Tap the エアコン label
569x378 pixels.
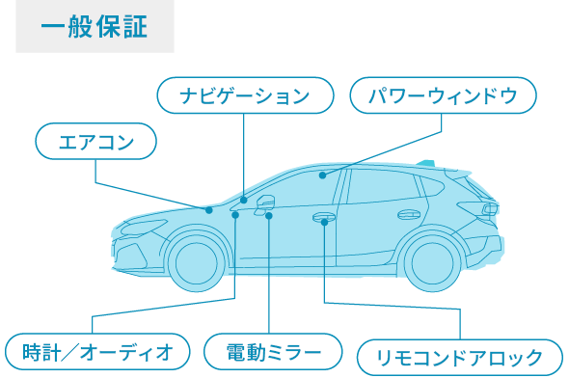[x=95, y=144]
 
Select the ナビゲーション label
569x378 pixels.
[x=245, y=95]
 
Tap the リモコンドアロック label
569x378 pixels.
[x=459, y=357]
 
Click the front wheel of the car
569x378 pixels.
[x=197, y=261]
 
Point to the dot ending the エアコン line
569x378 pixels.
[x=208, y=209]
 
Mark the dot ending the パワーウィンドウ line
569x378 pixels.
[x=323, y=175]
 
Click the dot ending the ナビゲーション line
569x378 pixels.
[x=244, y=200]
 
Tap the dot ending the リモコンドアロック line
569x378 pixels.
[x=325, y=223]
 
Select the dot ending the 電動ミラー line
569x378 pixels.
[x=269, y=216]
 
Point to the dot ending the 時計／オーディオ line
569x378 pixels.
[x=236, y=216]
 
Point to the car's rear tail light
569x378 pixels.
[x=491, y=206]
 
